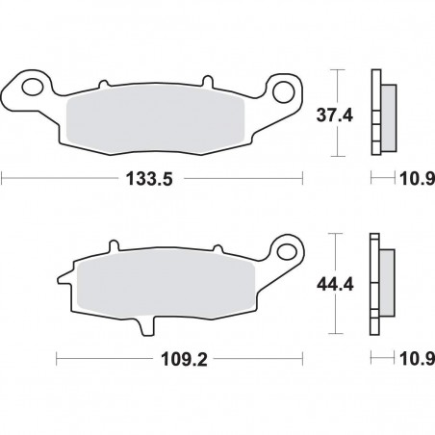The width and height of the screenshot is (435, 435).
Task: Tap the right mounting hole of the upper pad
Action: pyautogui.click(x=285, y=90)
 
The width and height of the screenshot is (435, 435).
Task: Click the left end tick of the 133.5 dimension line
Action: pyautogui.click(x=3, y=179)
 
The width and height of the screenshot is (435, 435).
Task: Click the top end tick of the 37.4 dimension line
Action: pyautogui.click(x=335, y=70)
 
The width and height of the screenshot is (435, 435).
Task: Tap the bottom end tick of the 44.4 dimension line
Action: pyautogui.click(x=335, y=336)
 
